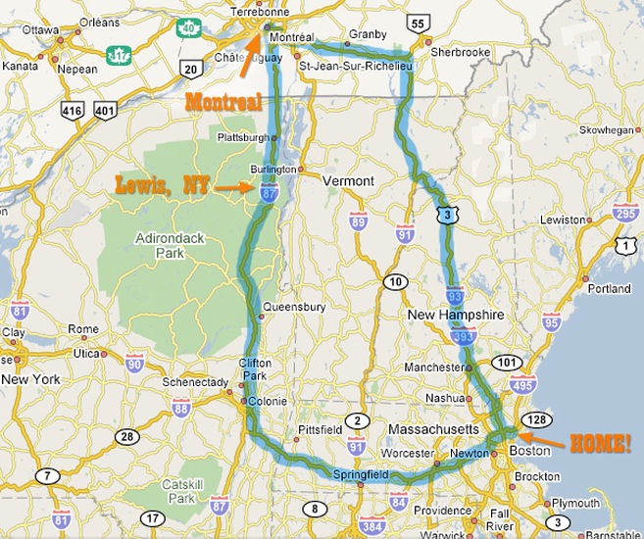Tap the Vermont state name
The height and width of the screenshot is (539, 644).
349,181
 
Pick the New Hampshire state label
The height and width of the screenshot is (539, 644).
456,315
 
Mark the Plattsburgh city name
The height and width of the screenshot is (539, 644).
239,138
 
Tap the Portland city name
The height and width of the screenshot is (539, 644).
609,289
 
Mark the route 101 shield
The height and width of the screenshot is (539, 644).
506,362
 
